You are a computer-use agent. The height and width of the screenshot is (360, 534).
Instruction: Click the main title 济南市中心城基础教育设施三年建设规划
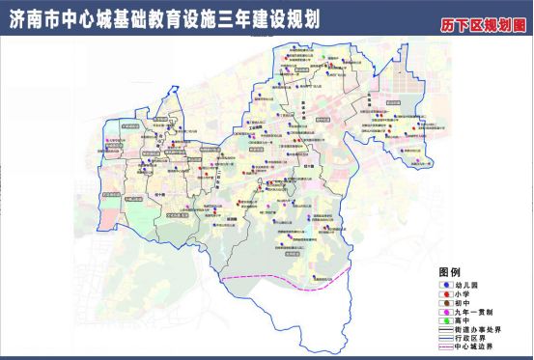tap(164, 18)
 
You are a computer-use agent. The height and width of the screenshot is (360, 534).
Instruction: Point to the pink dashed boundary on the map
tap(280, 279)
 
